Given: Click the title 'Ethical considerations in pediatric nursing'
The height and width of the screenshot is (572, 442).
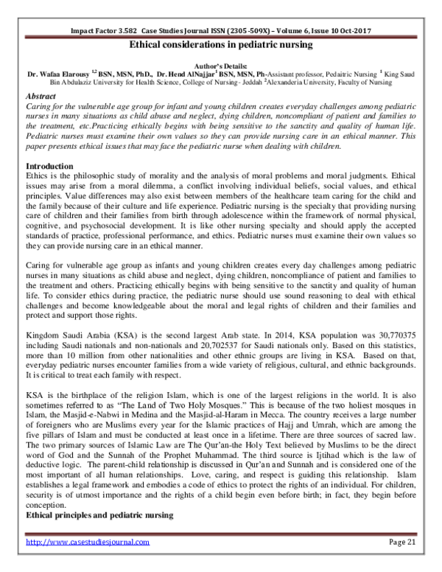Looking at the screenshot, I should coord(221,45).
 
